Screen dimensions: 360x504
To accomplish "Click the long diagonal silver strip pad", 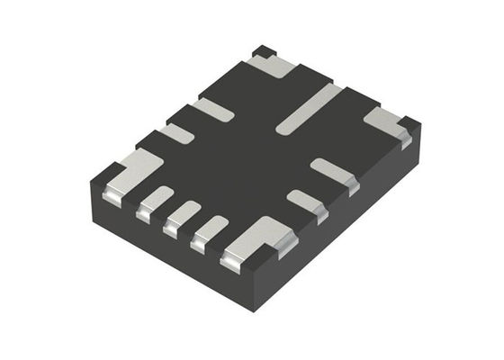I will [x=308, y=108].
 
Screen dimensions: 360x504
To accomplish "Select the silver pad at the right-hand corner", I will [x=385, y=122].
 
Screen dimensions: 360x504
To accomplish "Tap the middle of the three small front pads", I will [x=184, y=213].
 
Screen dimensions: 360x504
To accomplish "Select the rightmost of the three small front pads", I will [x=211, y=229].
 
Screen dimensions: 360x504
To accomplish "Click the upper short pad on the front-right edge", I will [x=332, y=171].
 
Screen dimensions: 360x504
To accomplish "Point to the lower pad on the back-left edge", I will [x=176, y=134].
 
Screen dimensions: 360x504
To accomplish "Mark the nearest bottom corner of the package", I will [x=256, y=309].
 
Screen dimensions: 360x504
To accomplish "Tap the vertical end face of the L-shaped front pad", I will [x=232, y=263].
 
